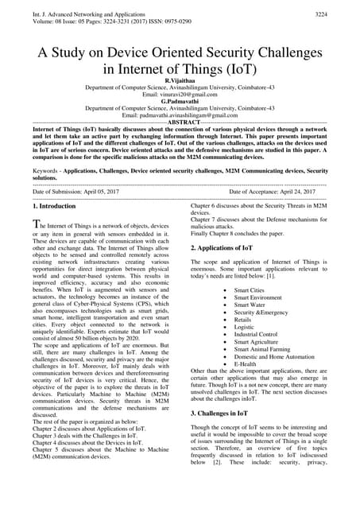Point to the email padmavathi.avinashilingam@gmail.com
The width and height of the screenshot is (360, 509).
point(180,116)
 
